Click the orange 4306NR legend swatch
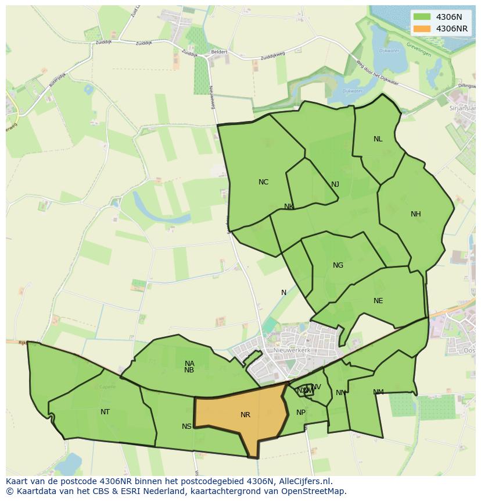point(422,29)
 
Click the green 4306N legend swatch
point(422,17)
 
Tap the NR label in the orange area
point(245,415)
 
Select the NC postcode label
point(263,182)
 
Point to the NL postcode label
point(378,139)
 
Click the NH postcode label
point(415,214)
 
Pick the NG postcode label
point(338,265)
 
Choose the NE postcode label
point(378,301)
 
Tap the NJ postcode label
point(335,184)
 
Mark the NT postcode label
point(105,412)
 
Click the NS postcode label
point(186,427)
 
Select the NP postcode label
point(301,413)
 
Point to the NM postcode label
point(378,392)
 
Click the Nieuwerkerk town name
point(292,351)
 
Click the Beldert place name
point(219,52)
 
